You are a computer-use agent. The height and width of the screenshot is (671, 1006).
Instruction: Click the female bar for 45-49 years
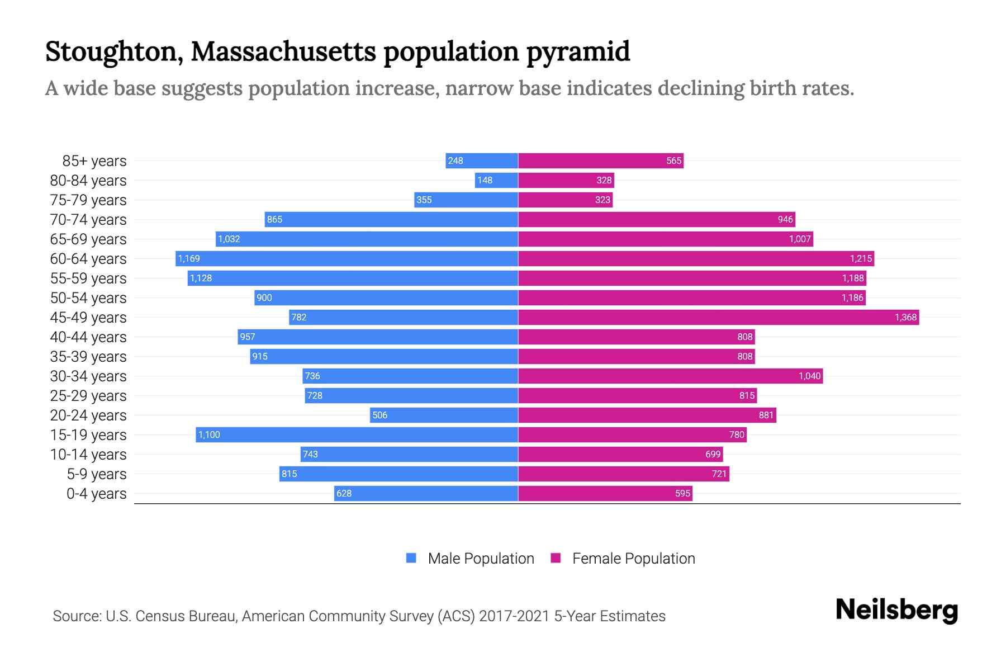[718, 317]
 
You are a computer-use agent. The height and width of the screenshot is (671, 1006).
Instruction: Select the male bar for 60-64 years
[347, 258]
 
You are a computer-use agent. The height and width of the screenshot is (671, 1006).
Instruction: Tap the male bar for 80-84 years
[496, 180]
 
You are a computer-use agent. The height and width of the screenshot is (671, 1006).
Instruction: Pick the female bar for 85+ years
[601, 160]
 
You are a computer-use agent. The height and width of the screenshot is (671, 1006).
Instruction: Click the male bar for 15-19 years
[357, 434]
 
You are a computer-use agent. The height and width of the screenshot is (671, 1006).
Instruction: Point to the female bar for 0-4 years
[605, 493]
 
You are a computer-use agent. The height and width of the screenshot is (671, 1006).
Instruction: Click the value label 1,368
[905, 317]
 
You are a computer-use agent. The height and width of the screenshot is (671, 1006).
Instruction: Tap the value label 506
[379, 415]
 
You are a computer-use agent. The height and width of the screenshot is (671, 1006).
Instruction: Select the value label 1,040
[809, 376]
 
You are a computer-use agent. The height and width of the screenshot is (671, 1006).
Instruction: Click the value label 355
[424, 200]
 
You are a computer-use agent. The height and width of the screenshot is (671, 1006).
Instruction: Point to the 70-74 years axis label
[88, 219]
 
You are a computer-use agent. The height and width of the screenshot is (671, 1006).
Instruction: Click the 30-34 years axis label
[88, 376]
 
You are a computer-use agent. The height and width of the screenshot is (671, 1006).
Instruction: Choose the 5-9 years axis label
[97, 474]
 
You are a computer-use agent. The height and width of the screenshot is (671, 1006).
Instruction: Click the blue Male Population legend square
[411, 558]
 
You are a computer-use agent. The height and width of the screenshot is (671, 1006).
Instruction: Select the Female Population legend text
[633, 558]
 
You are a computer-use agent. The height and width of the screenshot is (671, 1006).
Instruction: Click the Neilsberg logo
[896, 610]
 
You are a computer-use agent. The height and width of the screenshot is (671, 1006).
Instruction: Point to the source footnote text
[359, 616]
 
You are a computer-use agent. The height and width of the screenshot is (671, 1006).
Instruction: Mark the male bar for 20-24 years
[444, 415]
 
